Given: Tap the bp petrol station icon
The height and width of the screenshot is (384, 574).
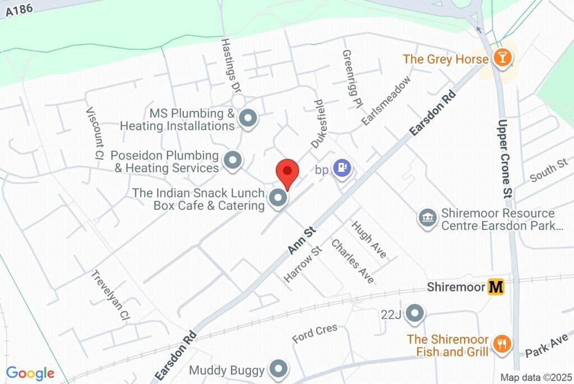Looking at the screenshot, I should point(341,167).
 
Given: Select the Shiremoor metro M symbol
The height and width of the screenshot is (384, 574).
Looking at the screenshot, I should point(496,287).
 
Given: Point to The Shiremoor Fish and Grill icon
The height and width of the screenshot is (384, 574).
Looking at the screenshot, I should point(501,344).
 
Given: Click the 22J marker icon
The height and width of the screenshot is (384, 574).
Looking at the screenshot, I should point(415,314).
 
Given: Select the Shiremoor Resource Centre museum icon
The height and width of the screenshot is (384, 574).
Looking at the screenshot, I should point(428,219).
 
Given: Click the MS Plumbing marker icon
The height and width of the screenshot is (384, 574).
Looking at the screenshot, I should point(247,119).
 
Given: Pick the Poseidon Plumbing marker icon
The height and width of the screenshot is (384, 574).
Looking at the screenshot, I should point(232,161).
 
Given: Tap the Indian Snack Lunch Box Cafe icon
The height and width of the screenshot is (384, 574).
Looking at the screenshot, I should point(278,199).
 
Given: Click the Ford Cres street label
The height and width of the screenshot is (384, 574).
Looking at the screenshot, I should point(314,334).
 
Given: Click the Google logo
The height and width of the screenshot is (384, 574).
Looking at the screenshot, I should point(30,373).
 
